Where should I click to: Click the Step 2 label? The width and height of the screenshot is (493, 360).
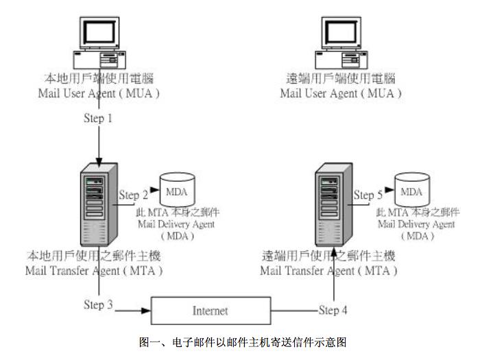134,195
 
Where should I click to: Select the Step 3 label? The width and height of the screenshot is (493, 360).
97,304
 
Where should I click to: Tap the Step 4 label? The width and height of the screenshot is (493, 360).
333,310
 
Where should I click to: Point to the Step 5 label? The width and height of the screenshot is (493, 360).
368,195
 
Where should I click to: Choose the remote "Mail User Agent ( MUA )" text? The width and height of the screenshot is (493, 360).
341,93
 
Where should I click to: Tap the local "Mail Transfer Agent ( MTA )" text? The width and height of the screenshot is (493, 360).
95,270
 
